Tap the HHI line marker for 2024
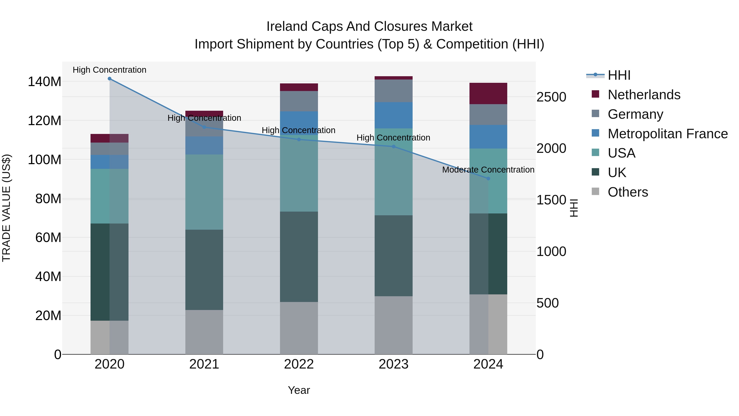(x=488, y=179)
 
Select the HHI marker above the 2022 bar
(x=299, y=139)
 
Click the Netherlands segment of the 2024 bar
(x=488, y=94)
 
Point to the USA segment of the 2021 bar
(x=204, y=192)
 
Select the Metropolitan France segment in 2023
(x=393, y=115)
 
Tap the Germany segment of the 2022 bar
(x=299, y=101)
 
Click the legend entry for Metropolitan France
(x=668, y=134)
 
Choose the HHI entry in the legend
(x=619, y=75)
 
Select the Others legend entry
(x=628, y=192)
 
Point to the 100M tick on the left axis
(x=45, y=160)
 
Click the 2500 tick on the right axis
(x=551, y=97)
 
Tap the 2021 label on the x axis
(x=204, y=364)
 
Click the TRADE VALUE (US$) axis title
(x=6, y=208)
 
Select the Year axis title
(x=299, y=390)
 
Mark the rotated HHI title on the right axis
(x=574, y=208)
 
